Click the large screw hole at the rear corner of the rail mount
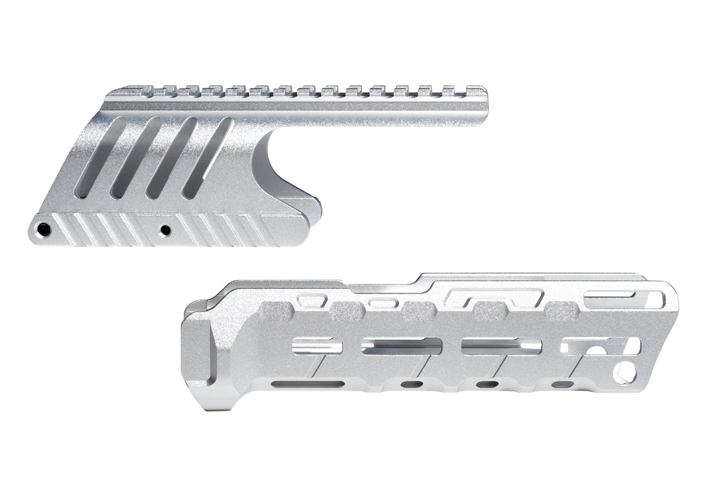45,228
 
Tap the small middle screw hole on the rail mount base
166,229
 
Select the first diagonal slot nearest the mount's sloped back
99,158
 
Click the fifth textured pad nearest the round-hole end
563,310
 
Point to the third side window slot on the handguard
501,347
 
